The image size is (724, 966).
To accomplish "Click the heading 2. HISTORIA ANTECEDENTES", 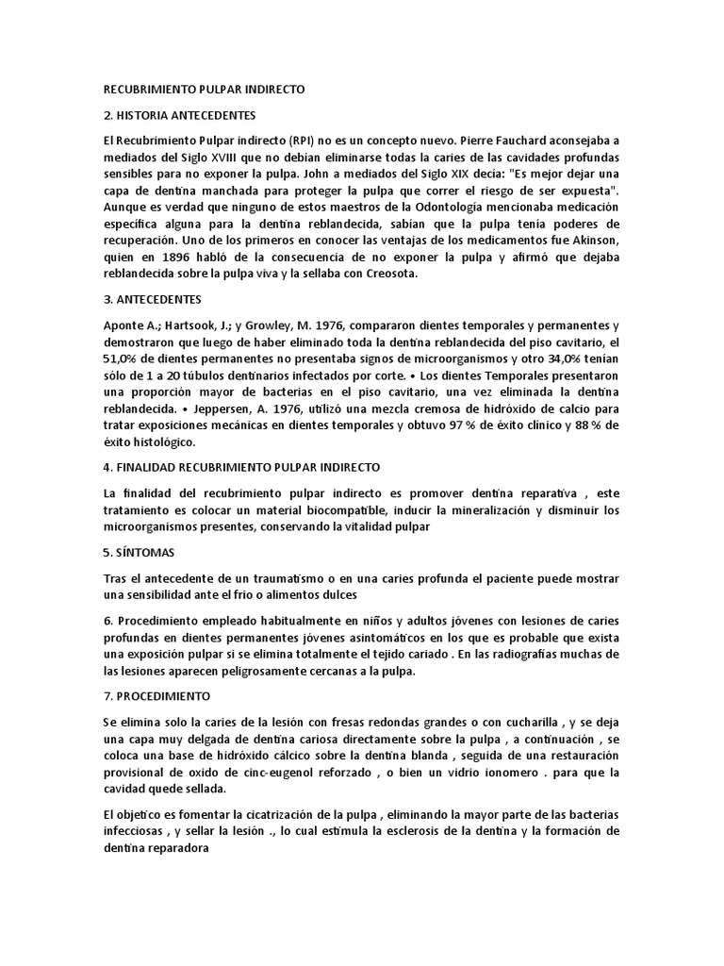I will pos(180,115).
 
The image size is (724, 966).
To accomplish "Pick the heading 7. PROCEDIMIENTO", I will pos(156,694).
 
